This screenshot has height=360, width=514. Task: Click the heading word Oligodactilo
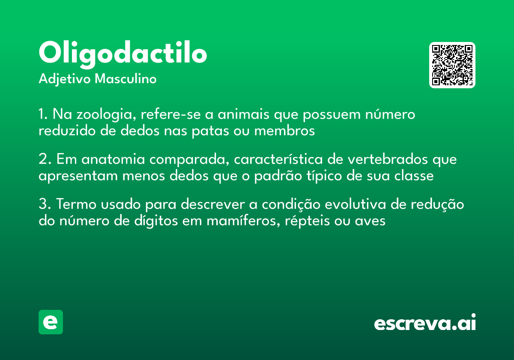point(123,54)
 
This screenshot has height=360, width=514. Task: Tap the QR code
point(452,65)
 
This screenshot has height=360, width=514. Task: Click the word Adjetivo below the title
point(65,79)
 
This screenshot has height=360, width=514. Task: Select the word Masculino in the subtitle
point(126,79)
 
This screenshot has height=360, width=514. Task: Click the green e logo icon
point(51,322)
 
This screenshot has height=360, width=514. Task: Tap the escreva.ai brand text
point(425,323)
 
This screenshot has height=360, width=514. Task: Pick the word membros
point(284,131)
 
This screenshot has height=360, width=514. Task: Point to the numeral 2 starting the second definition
point(42,160)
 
